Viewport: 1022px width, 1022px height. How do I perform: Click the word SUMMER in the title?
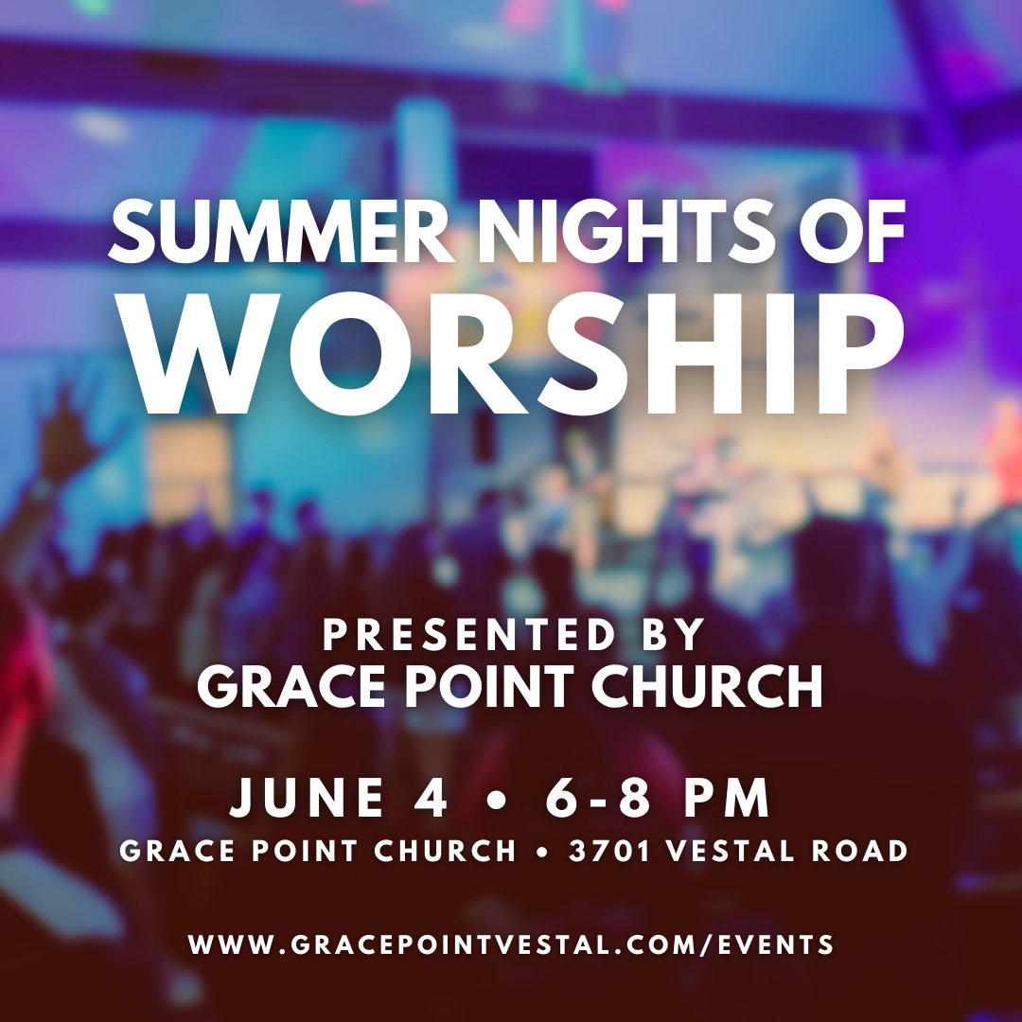coord(282,232)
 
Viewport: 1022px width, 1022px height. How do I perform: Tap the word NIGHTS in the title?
coord(633,232)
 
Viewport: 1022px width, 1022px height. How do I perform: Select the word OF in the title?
coord(852,232)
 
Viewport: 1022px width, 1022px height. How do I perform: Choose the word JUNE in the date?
coord(307,797)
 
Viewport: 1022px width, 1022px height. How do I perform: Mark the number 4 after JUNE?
coord(431,797)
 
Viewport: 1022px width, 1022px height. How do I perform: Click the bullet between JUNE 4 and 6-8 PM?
coord(497,800)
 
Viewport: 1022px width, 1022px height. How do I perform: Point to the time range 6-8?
coord(598,797)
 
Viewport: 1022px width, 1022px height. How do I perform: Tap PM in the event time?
coord(727,797)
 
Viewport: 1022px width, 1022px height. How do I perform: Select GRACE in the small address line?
coord(177,852)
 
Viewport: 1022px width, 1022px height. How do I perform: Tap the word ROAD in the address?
coord(859,852)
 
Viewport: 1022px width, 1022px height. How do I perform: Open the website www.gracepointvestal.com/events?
coord(511,944)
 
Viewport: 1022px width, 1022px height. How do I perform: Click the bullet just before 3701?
coord(541,853)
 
